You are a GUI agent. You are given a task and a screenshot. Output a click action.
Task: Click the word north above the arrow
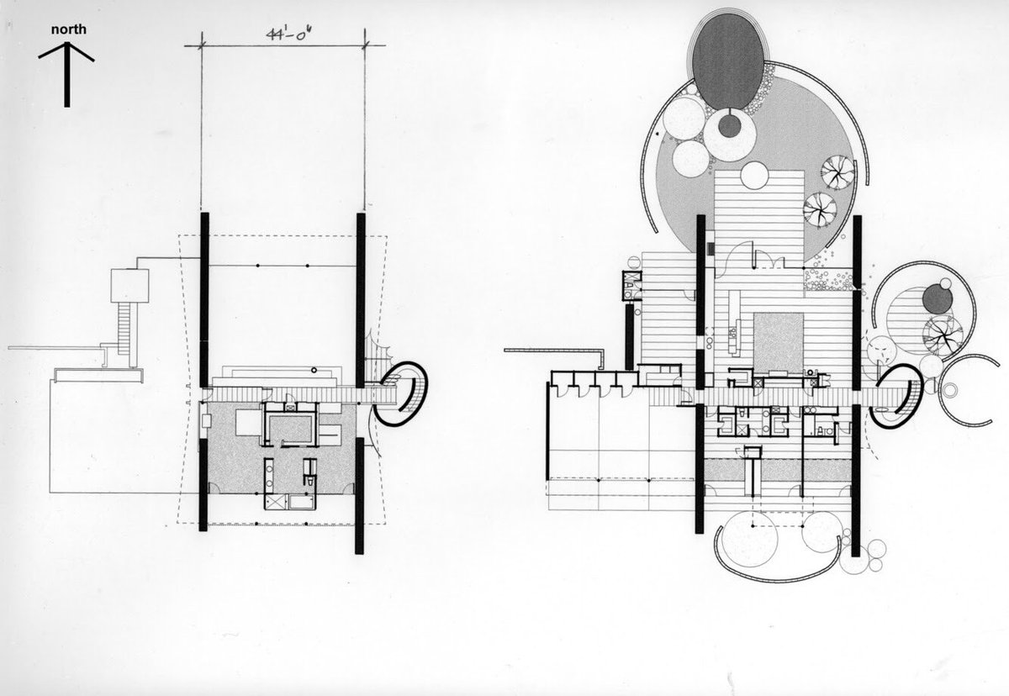[x=68, y=29]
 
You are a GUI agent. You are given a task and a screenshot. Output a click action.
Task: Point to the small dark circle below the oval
[x=729, y=126]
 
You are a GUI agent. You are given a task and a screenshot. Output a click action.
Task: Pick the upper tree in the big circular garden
[x=837, y=171]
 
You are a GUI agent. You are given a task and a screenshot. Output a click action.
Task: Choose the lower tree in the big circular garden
[x=819, y=208]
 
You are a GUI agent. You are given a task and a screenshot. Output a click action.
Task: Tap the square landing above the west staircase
[x=130, y=286]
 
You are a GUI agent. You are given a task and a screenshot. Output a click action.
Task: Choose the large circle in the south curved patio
[x=747, y=539]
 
